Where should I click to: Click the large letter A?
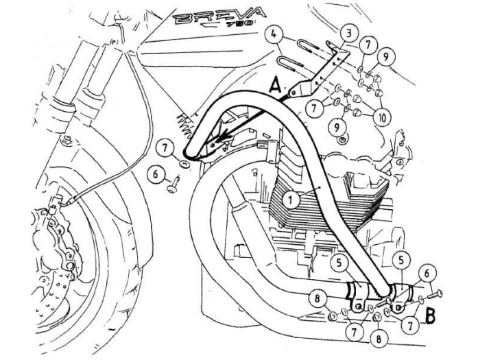pyautogui.click(x=274, y=87)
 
